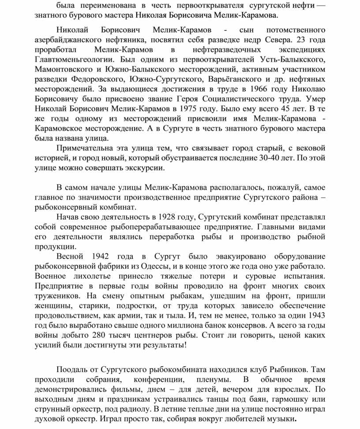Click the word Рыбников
(293, 369)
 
